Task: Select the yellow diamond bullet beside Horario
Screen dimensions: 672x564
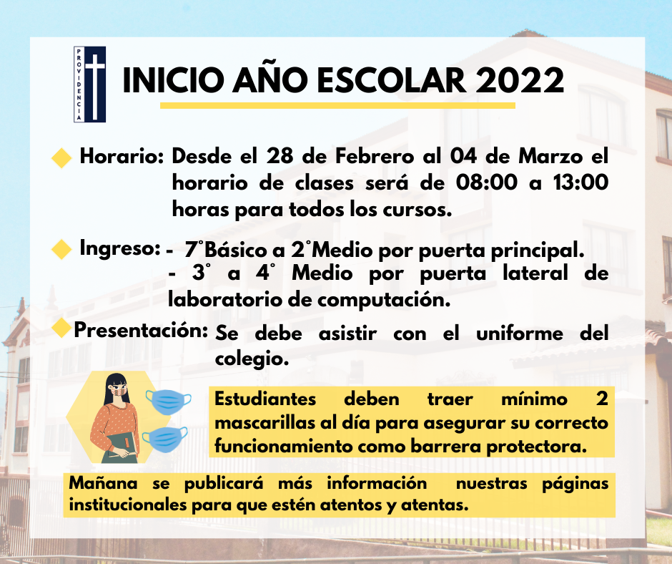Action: coord(61,158)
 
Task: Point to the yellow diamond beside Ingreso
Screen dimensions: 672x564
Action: coord(61,249)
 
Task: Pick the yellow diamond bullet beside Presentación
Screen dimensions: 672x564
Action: coord(62,329)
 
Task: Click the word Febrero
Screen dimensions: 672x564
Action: coord(375,156)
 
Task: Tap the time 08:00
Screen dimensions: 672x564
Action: coord(486,183)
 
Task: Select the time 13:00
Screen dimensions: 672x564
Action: coord(580,183)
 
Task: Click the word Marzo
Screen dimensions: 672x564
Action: coord(550,156)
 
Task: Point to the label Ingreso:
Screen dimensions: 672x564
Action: coord(120,249)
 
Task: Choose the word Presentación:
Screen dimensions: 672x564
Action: coord(141,331)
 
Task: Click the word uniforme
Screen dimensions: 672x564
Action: coord(520,334)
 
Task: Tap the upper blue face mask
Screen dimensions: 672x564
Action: coord(169,402)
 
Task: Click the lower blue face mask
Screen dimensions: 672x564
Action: coord(165,439)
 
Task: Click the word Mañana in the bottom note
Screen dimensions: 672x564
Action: coord(103,484)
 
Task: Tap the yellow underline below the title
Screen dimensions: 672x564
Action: coord(337,105)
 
